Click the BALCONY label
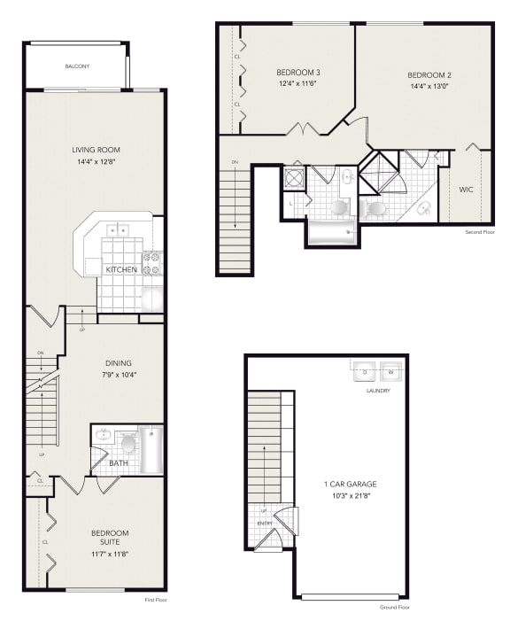tap(77, 66)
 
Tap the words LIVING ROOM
tap(96, 150)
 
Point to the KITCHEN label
tap(120, 268)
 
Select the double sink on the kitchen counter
tap(119, 230)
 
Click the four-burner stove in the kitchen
tap(151, 263)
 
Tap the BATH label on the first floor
tap(119, 462)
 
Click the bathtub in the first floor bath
tap(151, 449)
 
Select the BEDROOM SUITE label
tap(111, 538)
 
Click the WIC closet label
tap(466, 190)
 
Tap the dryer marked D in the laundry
tap(365, 371)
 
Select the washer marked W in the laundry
tap(390, 371)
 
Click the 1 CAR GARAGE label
tap(350, 484)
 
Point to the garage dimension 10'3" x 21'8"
tap(350, 495)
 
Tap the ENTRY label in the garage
tap(265, 524)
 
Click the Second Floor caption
tap(479, 232)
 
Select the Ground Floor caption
tap(395, 608)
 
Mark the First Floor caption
tap(156, 600)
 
